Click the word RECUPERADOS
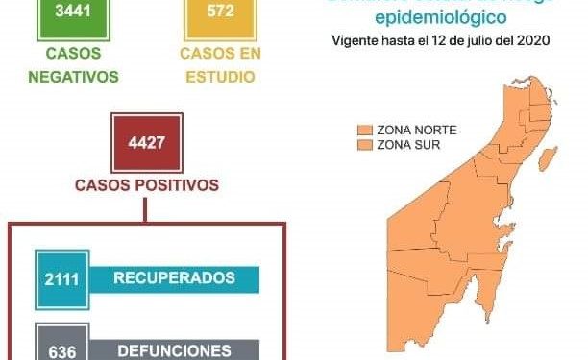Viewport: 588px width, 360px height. pyautogui.click(x=174, y=278)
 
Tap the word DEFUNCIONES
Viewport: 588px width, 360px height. pyautogui.click(x=174, y=350)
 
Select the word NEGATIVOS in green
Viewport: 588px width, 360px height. pyautogui.click(x=65, y=76)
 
